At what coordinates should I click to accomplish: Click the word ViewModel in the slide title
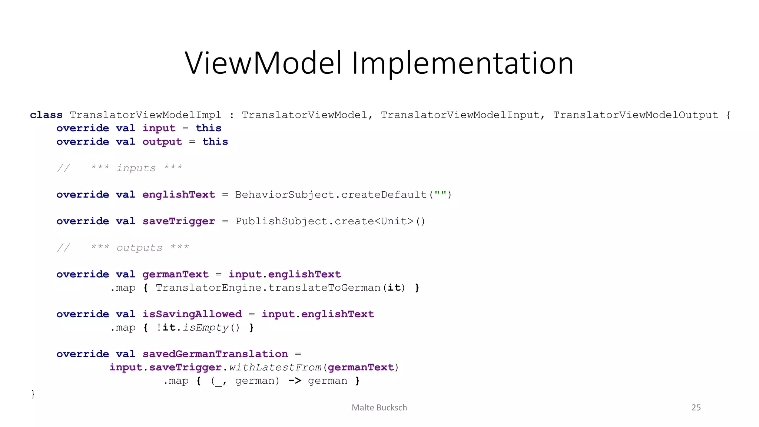pos(263,63)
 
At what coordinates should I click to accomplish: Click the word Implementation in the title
pos(463,63)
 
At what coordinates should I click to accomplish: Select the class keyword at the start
pos(46,115)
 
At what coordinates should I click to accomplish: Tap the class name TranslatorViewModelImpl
pos(145,115)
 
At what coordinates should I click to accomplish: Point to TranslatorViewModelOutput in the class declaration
pos(635,115)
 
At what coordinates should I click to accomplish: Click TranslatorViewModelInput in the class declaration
pos(460,115)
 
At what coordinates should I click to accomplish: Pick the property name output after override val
pos(162,142)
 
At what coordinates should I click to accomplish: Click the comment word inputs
pos(136,168)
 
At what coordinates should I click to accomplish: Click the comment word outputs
pos(139,248)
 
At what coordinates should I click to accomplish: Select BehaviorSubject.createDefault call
pos(331,195)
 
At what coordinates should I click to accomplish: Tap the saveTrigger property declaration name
pos(179,221)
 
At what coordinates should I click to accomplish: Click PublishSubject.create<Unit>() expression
pos(330,221)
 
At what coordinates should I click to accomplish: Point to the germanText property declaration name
pos(175,274)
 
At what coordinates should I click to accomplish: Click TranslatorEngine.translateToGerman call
pos(268,288)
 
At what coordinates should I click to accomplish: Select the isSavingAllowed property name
pos(192,314)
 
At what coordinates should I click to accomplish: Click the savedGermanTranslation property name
pos(215,354)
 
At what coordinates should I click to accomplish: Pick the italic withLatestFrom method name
pos(275,367)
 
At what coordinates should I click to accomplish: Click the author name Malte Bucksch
pos(379,408)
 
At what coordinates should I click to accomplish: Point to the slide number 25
pos(696,408)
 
